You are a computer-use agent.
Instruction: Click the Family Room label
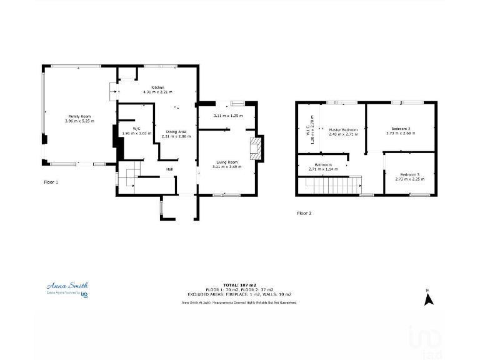(79, 117)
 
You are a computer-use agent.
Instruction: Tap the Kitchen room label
(157, 87)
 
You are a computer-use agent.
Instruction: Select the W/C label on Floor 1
(136, 128)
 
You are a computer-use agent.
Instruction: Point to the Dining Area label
(176, 132)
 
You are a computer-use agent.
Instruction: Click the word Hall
(169, 169)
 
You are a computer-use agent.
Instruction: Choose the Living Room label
(226, 162)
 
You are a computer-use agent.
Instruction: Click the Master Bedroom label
(342, 129)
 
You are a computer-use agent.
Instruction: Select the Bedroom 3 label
(409, 174)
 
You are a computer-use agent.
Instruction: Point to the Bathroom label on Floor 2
(323, 164)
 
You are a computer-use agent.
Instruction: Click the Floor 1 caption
(51, 182)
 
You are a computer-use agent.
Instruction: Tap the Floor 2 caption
(304, 213)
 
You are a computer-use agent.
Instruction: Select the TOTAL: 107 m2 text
(239, 284)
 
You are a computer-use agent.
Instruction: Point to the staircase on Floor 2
(331, 186)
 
